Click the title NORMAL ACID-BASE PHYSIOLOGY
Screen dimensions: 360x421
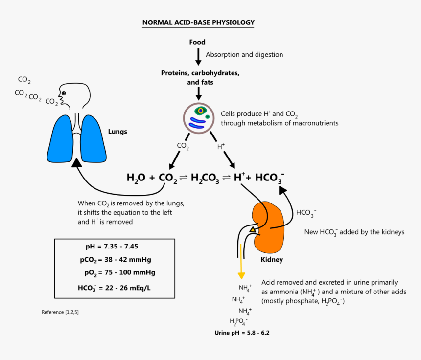(198, 22)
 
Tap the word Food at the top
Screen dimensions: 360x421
(197, 42)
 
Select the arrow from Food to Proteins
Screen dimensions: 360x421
(198, 56)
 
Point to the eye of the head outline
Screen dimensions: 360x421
(63, 93)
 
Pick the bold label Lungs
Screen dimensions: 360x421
(117, 132)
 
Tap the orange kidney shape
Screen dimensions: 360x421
(272, 225)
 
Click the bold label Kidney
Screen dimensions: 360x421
(272, 260)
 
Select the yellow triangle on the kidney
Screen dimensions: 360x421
(253, 229)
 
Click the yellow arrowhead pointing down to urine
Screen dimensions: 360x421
(241, 275)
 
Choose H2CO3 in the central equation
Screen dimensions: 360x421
(205, 178)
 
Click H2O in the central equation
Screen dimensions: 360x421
(135, 178)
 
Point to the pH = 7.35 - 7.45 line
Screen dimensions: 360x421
(115, 246)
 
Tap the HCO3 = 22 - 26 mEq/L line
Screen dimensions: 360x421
(114, 288)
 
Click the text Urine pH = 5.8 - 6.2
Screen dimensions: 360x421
(242, 333)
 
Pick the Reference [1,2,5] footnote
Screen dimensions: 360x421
(60, 312)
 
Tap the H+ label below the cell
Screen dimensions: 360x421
(221, 146)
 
